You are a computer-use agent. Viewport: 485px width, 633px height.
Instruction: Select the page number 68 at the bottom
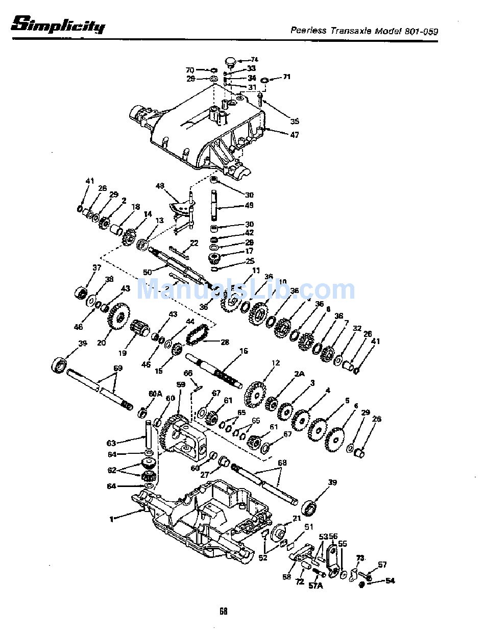(223, 611)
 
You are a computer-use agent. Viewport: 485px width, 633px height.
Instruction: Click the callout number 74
(254, 60)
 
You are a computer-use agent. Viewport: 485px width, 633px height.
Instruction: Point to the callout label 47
(295, 135)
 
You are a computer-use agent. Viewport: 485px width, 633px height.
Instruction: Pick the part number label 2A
(299, 374)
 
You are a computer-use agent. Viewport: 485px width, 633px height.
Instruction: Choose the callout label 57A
(316, 586)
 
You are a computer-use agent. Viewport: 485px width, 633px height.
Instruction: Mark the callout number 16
(244, 351)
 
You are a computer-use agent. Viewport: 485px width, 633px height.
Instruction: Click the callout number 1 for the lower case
(111, 519)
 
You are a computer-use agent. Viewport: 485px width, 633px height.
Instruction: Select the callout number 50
(147, 273)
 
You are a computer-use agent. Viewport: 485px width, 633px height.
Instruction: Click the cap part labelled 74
(231, 62)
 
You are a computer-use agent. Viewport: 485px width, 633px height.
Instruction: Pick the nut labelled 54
(361, 583)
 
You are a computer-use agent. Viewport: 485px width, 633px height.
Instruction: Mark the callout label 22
(194, 242)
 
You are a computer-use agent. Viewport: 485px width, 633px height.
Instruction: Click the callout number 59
(180, 384)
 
